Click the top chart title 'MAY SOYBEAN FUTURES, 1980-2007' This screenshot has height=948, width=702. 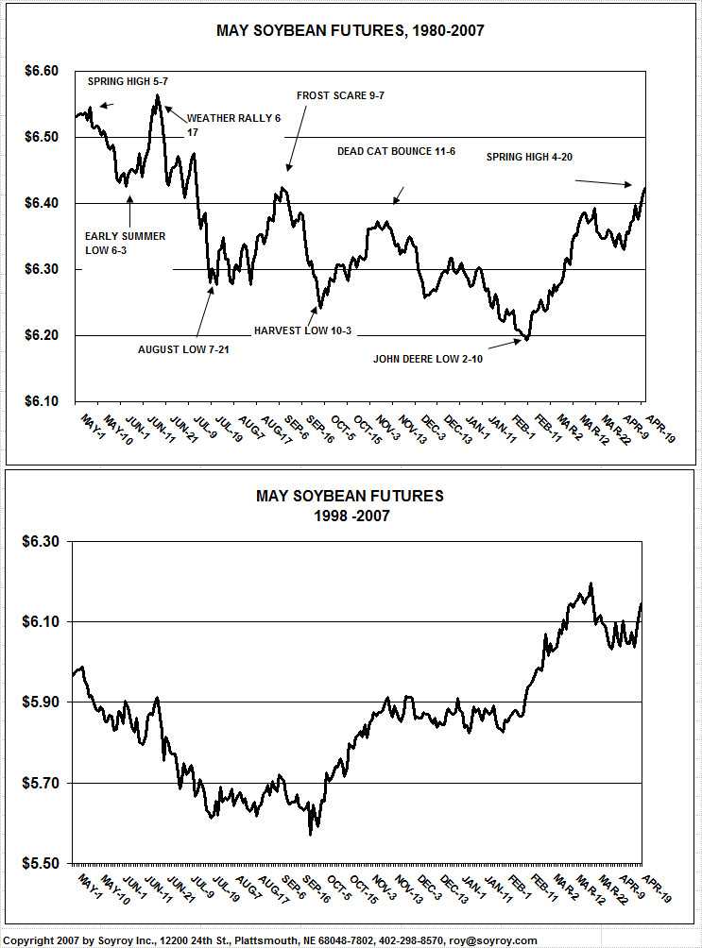(351, 31)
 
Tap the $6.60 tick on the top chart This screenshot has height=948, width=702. (40, 72)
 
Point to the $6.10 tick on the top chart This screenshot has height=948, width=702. (40, 401)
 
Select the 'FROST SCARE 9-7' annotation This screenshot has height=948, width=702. (341, 95)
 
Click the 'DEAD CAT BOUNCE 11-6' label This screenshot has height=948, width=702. (396, 151)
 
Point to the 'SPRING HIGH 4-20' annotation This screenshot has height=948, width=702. (530, 157)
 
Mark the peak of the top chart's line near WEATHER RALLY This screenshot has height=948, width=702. (157, 95)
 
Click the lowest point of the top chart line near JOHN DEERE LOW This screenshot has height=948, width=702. (527, 338)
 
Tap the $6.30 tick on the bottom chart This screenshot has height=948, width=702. (40, 541)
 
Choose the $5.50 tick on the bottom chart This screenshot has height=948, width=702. (40, 864)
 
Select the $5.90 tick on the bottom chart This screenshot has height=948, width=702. (40, 703)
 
